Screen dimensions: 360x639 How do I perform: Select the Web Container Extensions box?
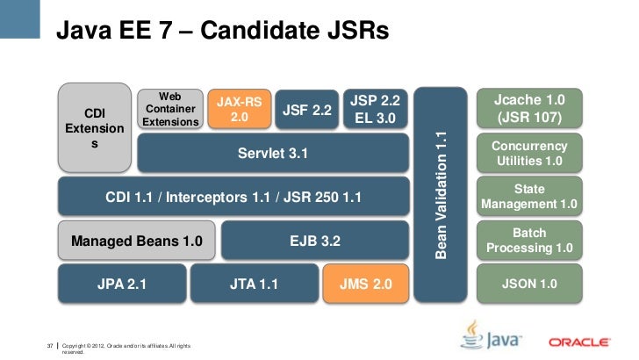tap(169, 108)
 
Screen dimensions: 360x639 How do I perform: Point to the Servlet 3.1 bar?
tap(273, 154)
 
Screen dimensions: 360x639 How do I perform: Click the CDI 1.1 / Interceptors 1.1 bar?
tap(233, 197)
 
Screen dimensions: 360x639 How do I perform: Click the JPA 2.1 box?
tap(122, 284)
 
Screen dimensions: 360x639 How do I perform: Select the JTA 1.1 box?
tap(254, 284)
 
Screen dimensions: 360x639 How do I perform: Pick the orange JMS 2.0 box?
tap(366, 284)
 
